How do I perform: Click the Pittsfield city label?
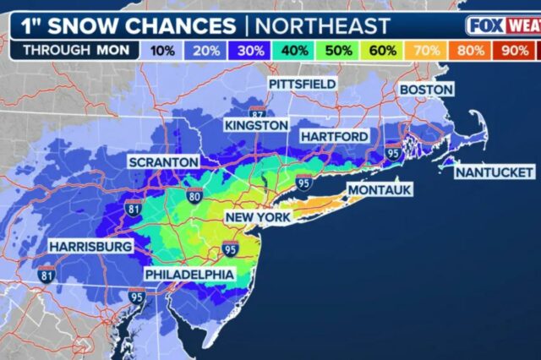[x=303, y=85]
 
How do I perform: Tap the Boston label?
[x=426, y=90]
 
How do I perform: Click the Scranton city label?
[x=163, y=161]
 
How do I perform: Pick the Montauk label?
[x=380, y=190]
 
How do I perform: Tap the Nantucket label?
[x=491, y=172]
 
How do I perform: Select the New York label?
[x=257, y=217]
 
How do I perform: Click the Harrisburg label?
[x=90, y=246]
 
